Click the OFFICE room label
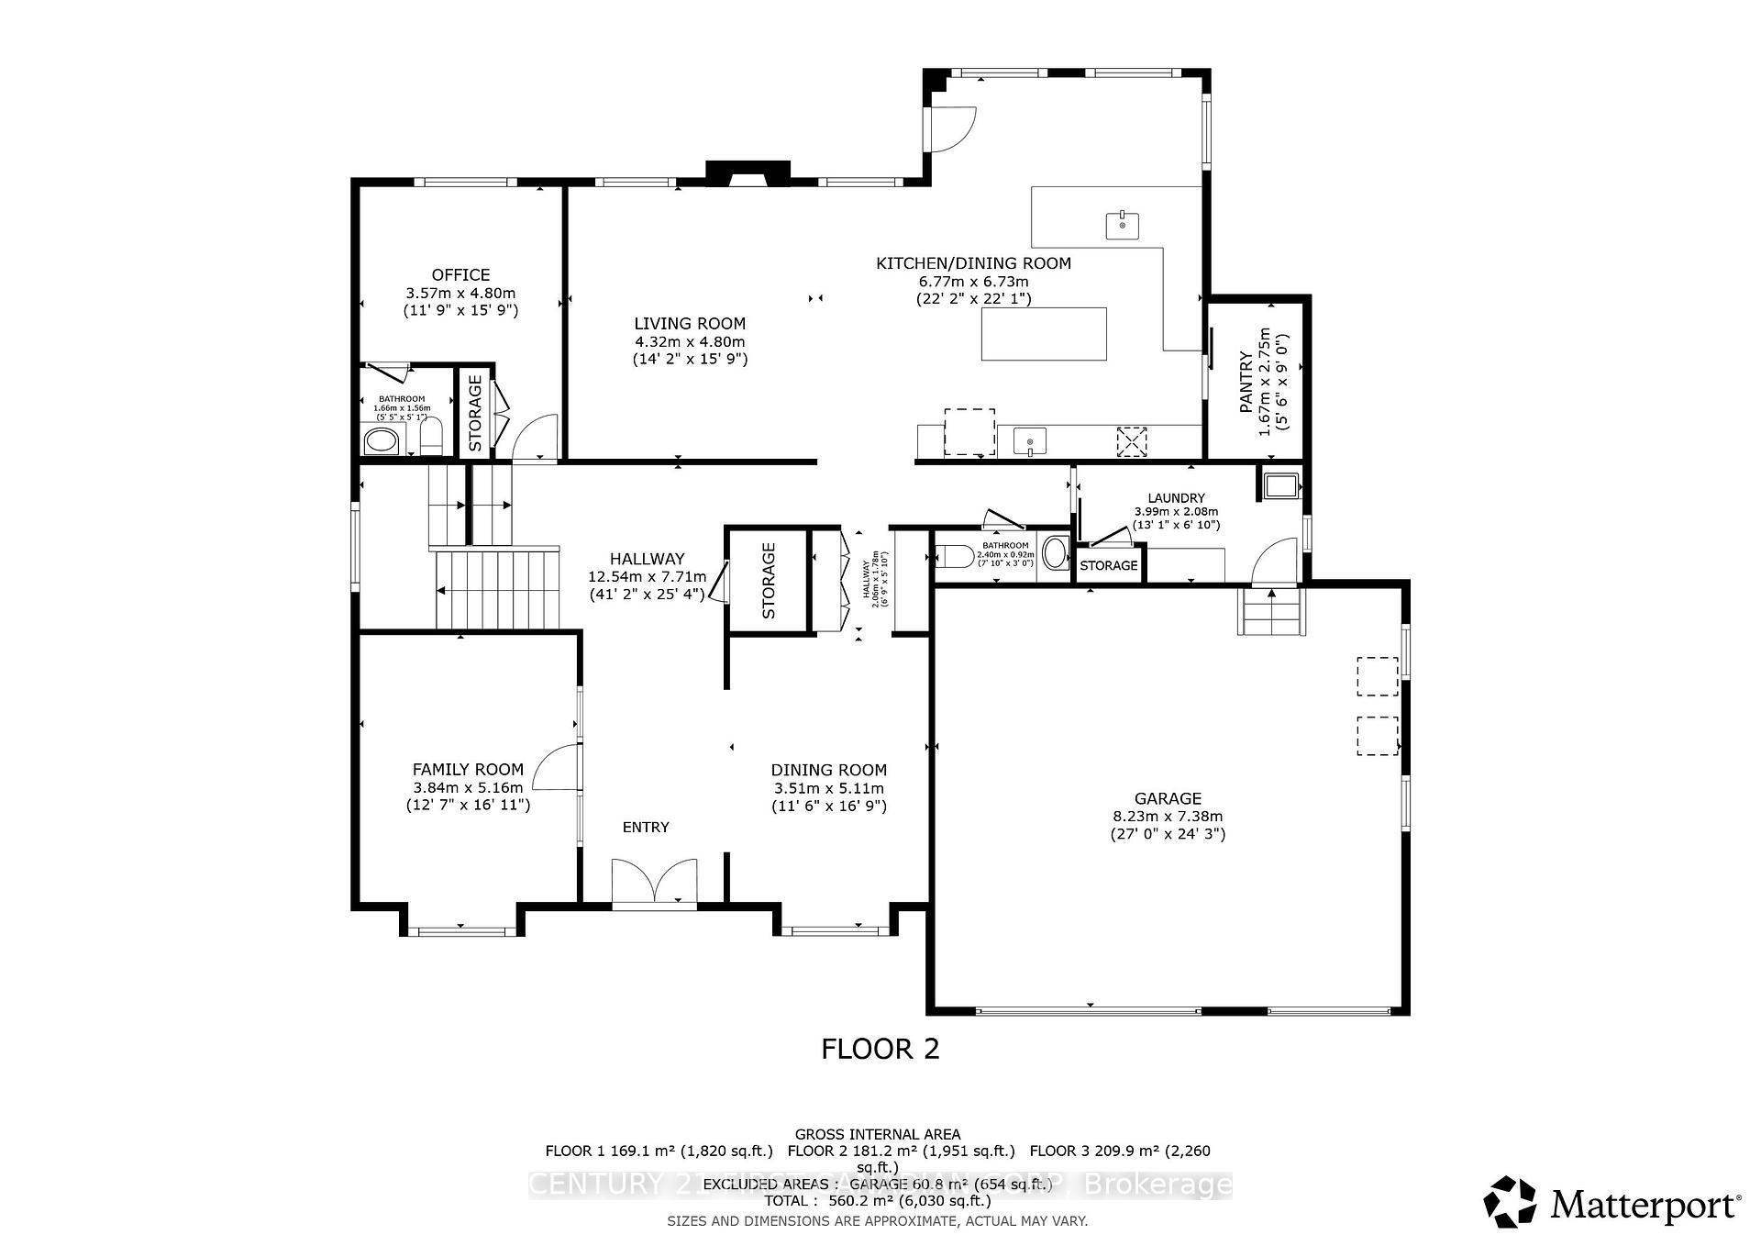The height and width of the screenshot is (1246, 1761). pyautogui.click(x=460, y=274)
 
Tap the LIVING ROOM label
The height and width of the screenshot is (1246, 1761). pyautogui.click(x=690, y=323)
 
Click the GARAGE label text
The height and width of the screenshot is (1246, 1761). pyautogui.click(x=1167, y=798)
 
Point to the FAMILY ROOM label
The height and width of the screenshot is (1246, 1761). pyautogui.click(x=468, y=769)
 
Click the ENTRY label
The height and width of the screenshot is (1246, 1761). pyautogui.click(x=646, y=827)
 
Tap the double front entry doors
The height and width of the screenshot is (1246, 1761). pyautogui.click(x=654, y=883)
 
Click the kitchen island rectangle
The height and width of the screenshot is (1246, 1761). pyautogui.click(x=1044, y=334)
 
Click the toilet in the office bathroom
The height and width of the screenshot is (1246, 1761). pyautogui.click(x=431, y=438)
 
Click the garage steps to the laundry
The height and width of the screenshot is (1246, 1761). pyautogui.click(x=1272, y=611)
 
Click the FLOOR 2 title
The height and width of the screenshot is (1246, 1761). pyautogui.click(x=880, y=1049)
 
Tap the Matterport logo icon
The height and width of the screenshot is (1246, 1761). pyautogui.click(x=1510, y=1201)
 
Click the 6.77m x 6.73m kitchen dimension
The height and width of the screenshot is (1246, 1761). pyautogui.click(x=973, y=281)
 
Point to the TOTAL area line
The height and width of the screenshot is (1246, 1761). pyautogui.click(x=878, y=1200)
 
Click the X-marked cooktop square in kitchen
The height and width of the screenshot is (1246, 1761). pyautogui.click(x=1132, y=441)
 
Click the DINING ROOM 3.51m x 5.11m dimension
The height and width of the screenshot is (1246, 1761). pyautogui.click(x=828, y=788)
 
